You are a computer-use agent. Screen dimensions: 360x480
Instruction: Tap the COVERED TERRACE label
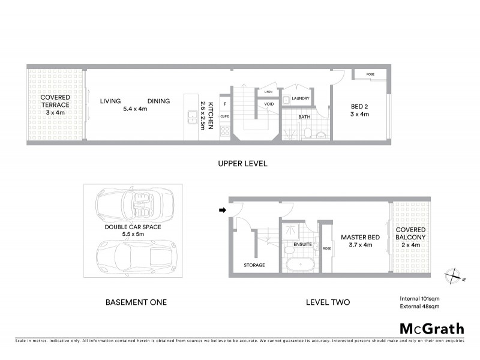pyautogui.click(x=55, y=101)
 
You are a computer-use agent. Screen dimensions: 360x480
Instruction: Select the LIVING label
pyautogui.click(x=111, y=101)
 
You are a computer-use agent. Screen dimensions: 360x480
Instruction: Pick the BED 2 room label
pyautogui.click(x=360, y=108)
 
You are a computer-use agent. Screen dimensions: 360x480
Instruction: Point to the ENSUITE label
pyautogui.click(x=302, y=245)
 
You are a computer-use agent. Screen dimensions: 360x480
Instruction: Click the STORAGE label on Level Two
pyautogui.click(x=254, y=265)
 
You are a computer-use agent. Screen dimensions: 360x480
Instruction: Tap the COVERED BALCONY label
pyautogui.click(x=410, y=233)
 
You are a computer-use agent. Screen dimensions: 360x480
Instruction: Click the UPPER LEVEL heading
pyautogui.click(x=243, y=163)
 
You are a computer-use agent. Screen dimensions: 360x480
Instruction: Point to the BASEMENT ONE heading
pyautogui.click(x=136, y=302)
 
